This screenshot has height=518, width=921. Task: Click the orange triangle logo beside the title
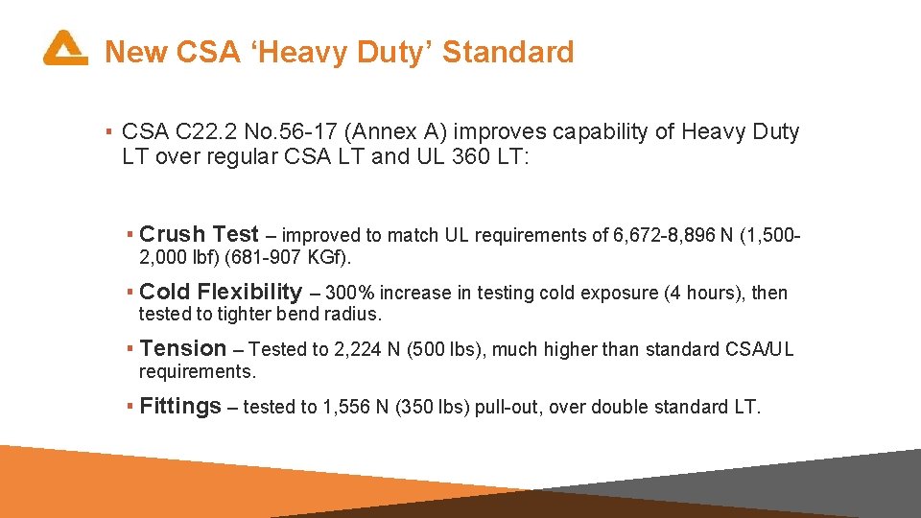[64, 48]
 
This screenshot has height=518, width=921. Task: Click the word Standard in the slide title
[508, 52]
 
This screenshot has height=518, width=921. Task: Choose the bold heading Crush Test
[199, 234]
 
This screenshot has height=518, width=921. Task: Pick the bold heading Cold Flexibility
[221, 292]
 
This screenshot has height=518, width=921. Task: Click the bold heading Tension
[183, 349]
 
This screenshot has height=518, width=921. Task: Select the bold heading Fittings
[180, 407]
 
